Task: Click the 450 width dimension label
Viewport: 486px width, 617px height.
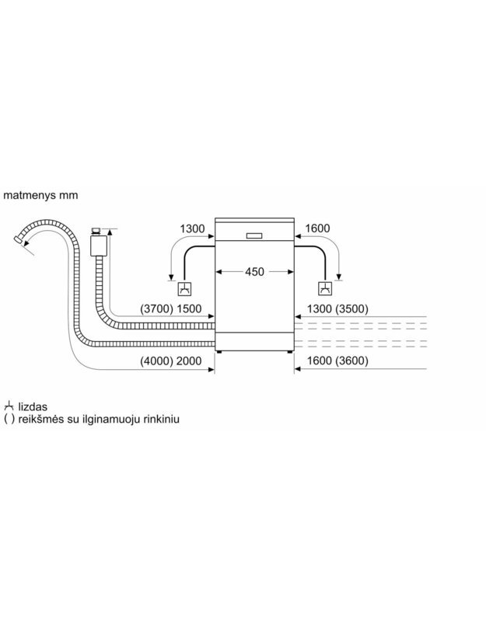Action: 254,272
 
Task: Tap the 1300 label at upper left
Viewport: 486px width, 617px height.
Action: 192,228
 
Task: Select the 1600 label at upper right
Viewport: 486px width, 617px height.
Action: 317,228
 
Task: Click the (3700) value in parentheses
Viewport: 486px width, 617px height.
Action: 157,309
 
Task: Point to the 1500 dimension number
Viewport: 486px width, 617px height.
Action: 189,309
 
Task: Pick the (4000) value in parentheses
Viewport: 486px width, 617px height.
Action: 157,361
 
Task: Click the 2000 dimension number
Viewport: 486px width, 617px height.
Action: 189,361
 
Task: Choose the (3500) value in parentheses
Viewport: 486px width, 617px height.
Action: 351,309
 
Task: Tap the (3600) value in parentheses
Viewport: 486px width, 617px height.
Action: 351,361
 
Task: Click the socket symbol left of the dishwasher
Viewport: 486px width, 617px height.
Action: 184,289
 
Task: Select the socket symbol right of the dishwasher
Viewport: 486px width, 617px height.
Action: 325,289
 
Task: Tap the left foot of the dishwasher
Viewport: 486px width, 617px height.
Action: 219,352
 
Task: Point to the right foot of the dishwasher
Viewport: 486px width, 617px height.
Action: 290,352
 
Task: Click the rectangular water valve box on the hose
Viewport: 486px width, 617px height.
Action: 99,246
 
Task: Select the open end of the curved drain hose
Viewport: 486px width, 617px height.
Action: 17,239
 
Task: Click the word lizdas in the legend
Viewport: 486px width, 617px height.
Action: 33,407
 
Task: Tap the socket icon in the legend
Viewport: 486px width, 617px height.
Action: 9,406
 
